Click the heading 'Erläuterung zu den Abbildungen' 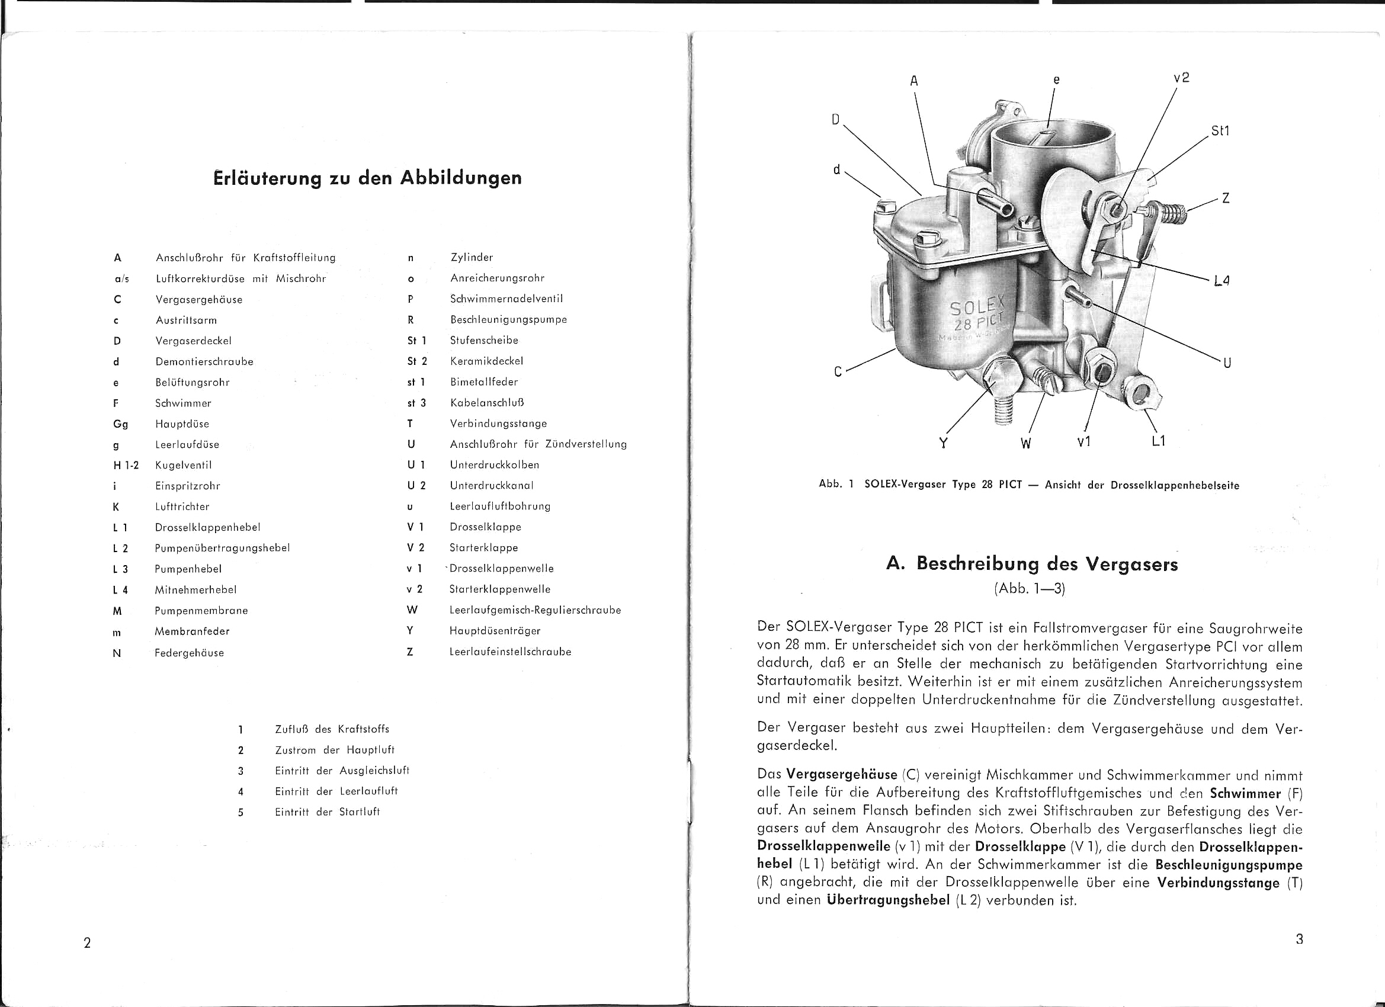368,178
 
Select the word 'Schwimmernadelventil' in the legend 506,299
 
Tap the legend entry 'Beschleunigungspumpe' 508,319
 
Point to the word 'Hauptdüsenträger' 495,631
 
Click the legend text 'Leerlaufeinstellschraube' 510,652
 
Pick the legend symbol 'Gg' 120,424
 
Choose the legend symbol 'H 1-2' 126,466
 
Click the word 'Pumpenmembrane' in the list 201,611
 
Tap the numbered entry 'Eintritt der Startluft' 327,812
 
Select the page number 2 87,942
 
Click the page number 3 1299,939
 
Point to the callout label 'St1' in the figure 1220,132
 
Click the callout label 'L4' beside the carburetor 1222,280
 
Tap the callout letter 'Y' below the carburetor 943,442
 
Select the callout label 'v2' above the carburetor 1181,78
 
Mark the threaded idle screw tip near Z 1172,214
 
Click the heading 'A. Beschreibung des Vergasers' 1031,563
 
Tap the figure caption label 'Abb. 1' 835,485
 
